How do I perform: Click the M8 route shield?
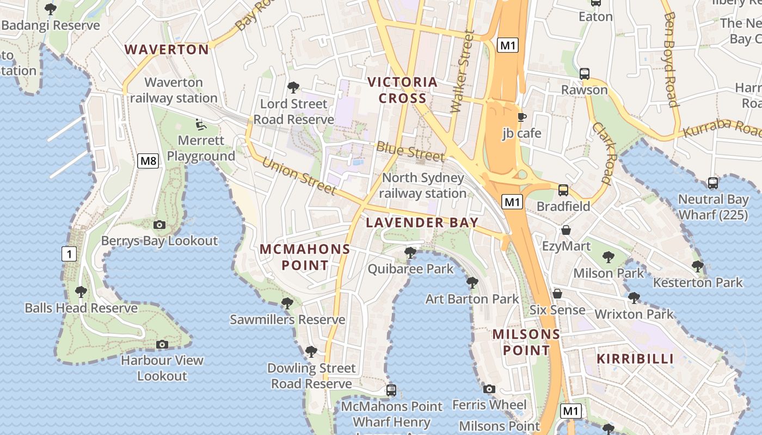click(x=148, y=160)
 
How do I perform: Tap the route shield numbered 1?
click(x=69, y=253)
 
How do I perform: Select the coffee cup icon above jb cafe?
click(x=521, y=117)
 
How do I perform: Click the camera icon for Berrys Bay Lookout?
click(x=159, y=225)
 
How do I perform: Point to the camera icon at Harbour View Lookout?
click(x=162, y=344)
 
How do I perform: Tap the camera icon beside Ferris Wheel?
click(x=489, y=389)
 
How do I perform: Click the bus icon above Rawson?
click(x=585, y=73)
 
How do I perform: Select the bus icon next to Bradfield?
click(x=563, y=190)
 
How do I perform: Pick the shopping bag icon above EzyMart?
click(x=566, y=230)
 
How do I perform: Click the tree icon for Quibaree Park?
click(x=410, y=253)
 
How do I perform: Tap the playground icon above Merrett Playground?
click(x=201, y=125)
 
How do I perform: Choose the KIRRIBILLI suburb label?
click(x=635, y=359)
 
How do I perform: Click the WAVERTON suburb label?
click(x=167, y=49)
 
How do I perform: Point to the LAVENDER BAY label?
click(x=422, y=222)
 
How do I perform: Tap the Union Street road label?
click(x=299, y=175)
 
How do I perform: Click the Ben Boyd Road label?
click(x=670, y=60)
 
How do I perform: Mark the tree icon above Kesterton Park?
click(x=697, y=266)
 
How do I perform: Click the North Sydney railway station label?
click(x=422, y=185)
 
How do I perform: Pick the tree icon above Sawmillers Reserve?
click(x=287, y=303)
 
